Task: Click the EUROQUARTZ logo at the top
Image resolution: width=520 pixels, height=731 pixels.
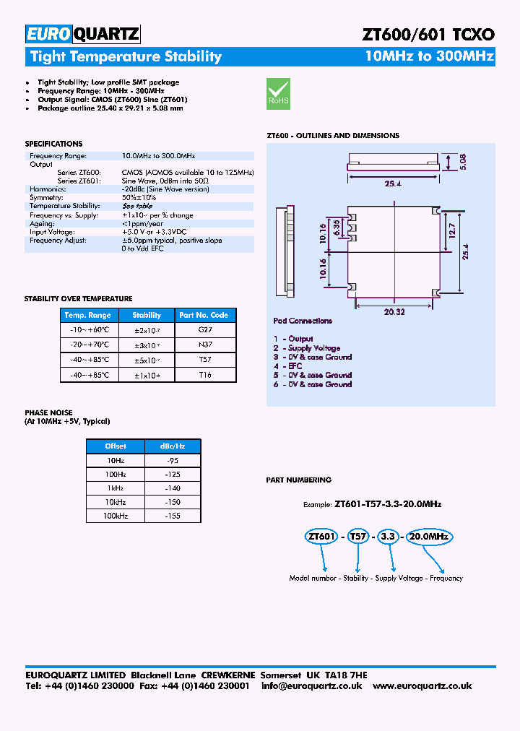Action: (82, 33)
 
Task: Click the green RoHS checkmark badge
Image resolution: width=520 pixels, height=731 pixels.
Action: (278, 93)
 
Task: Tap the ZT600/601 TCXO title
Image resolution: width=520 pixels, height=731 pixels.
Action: (428, 34)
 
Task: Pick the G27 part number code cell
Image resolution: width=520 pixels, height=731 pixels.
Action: (204, 329)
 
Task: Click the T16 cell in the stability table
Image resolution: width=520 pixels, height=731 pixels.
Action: (204, 375)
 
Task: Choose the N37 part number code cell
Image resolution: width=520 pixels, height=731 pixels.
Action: (204, 345)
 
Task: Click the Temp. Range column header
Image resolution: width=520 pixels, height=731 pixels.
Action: (87, 315)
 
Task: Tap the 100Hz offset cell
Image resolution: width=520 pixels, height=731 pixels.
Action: (115, 475)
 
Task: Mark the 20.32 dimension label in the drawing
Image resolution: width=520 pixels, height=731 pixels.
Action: (394, 311)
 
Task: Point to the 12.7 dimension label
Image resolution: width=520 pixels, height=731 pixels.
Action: (451, 231)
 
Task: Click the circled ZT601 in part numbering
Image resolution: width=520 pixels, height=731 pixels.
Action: (321, 537)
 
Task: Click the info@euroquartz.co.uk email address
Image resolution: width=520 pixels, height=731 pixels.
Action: (312, 685)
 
